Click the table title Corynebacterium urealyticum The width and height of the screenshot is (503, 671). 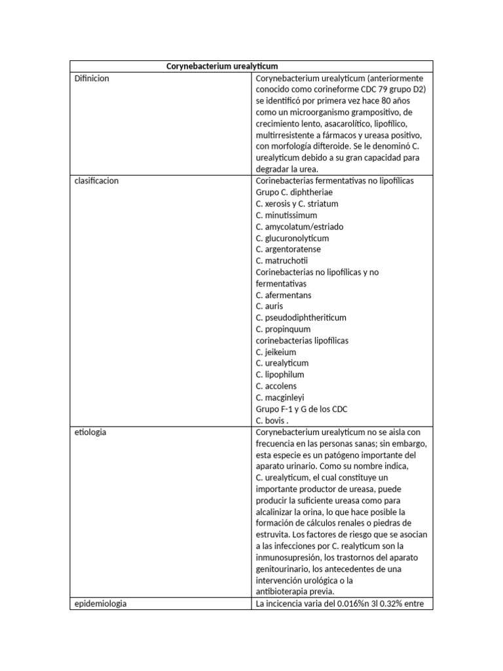point(222,66)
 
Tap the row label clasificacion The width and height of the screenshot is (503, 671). point(96,181)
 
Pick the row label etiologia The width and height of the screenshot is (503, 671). point(91,432)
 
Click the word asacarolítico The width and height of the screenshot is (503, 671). point(346,124)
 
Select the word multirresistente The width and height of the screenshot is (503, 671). point(288,135)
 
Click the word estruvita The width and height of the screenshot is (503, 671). point(273,535)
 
